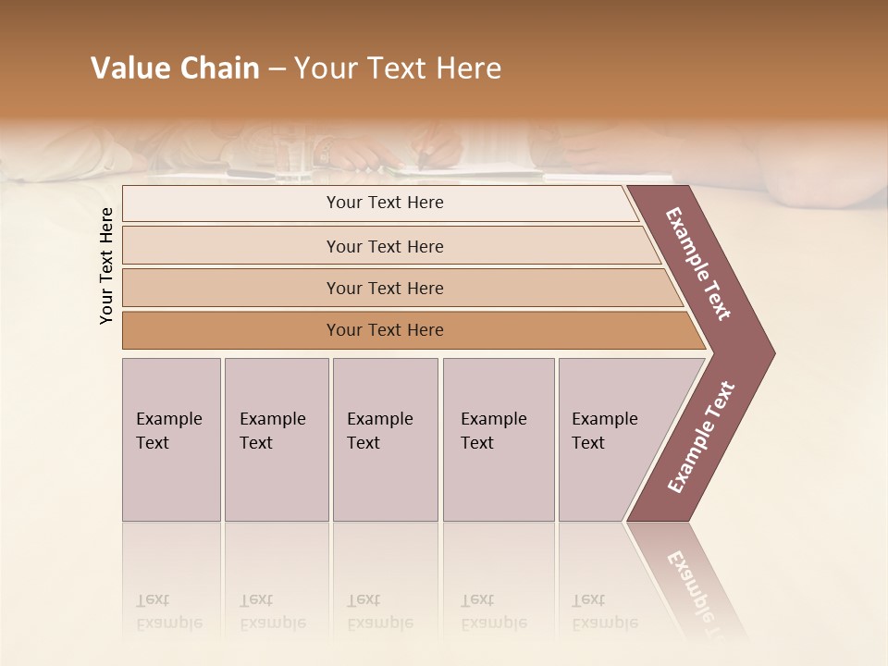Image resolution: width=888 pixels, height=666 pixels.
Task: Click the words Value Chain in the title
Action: [175, 68]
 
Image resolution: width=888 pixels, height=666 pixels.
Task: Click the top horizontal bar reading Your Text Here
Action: [385, 203]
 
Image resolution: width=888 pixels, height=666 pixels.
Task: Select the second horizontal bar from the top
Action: [385, 246]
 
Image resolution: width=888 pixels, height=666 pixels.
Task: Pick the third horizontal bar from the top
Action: [385, 288]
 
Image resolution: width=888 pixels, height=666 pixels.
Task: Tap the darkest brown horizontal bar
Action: [385, 330]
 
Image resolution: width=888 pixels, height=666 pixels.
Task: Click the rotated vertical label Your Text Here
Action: [106, 265]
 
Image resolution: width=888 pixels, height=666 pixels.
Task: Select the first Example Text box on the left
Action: [171, 439]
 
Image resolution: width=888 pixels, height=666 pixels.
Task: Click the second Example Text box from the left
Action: [276, 439]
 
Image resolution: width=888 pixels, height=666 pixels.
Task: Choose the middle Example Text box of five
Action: [385, 439]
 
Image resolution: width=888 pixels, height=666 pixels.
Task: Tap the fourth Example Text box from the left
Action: [498, 439]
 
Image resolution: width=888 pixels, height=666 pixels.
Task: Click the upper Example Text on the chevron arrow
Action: [698, 264]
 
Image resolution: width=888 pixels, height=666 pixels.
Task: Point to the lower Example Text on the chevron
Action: [700, 438]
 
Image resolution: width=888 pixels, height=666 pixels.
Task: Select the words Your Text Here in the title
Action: [398, 68]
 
